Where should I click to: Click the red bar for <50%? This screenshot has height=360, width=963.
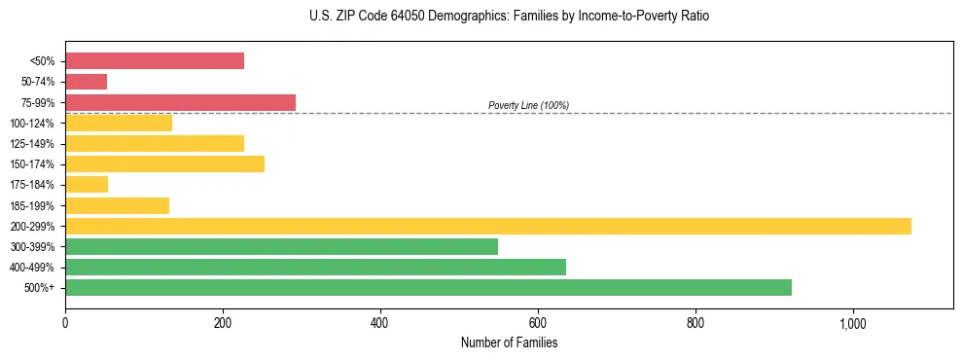[155, 61]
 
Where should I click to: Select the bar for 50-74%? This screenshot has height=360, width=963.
[87, 82]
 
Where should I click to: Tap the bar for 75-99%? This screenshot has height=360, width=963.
[180, 102]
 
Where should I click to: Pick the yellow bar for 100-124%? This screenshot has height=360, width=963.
[119, 123]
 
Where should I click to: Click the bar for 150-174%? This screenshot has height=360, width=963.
[164, 163]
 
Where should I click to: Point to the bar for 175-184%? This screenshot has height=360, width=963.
[87, 185]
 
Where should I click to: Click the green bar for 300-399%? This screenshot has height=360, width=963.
[281, 247]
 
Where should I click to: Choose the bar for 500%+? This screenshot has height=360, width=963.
[428, 288]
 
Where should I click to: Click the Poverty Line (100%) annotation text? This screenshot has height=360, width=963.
[528, 105]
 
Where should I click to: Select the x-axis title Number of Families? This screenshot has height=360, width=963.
[509, 342]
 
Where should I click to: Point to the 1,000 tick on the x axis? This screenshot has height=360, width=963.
[852, 322]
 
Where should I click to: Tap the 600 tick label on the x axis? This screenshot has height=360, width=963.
[538, 322]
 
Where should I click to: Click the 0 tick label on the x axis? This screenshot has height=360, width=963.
[65, 322]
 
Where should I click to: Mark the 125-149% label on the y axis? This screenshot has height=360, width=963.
[32, 144]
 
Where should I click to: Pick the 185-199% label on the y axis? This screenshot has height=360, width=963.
[32, 205]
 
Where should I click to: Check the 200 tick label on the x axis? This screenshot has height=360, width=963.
[223, 322]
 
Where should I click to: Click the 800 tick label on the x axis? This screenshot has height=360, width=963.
[695, 322]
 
